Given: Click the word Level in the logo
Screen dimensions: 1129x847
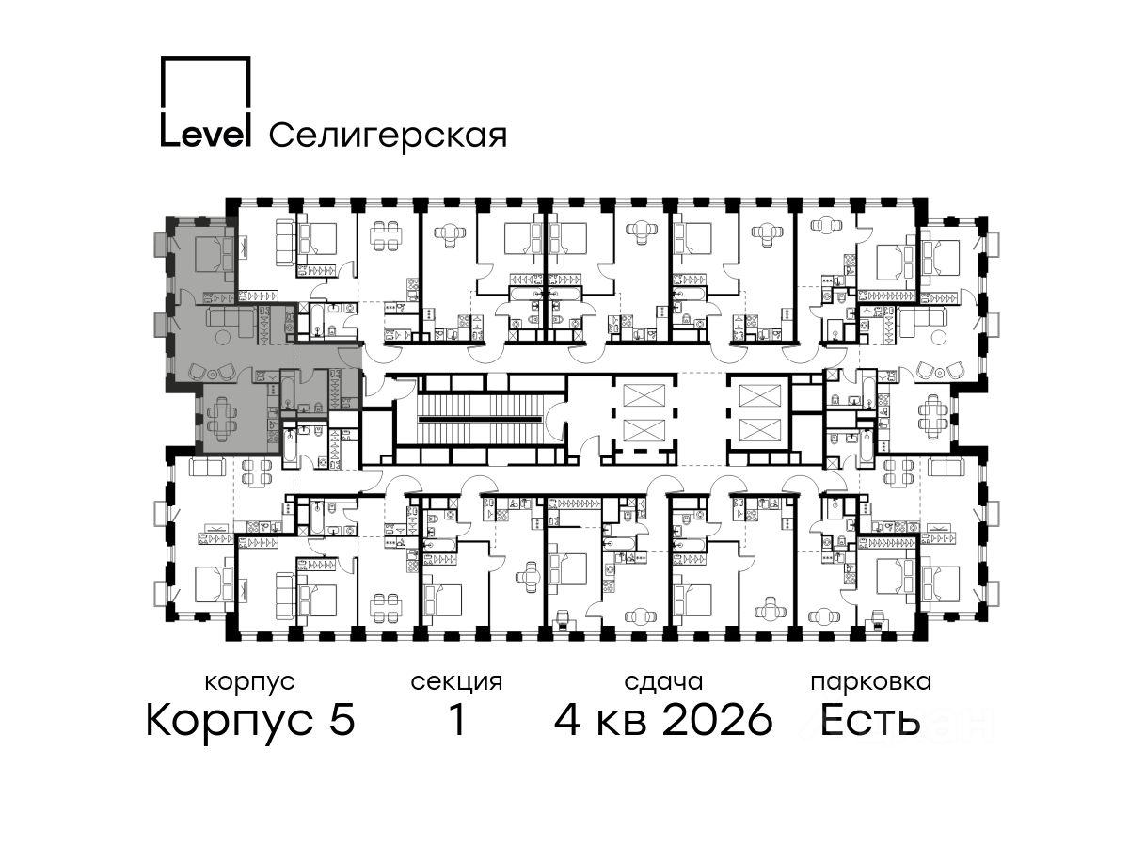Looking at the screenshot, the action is pos(205,135).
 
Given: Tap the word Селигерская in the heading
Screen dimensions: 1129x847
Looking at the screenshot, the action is pos(388,136).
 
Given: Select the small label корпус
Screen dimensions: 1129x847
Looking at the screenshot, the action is pos(250,683).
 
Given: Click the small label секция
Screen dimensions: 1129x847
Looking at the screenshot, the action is pos(456,683).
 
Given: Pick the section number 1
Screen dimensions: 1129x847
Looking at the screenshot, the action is pos(456,719).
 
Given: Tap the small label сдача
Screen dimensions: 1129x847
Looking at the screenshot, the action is pos(663,683).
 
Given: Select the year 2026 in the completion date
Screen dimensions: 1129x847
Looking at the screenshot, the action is pos(718,719).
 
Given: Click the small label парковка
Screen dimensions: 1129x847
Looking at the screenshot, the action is pos(871,683).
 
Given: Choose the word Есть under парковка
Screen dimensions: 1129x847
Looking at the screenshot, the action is pos(868,719).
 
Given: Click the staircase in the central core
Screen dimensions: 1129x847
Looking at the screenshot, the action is pos(481,419).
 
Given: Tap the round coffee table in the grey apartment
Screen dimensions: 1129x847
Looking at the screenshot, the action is pos(223,337).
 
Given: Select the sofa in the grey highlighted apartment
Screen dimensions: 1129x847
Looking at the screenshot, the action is pos(231,322).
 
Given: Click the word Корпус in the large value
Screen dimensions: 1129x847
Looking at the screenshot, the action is pos(230,721).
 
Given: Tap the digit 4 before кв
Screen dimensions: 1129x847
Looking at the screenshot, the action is pos(567,719).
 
